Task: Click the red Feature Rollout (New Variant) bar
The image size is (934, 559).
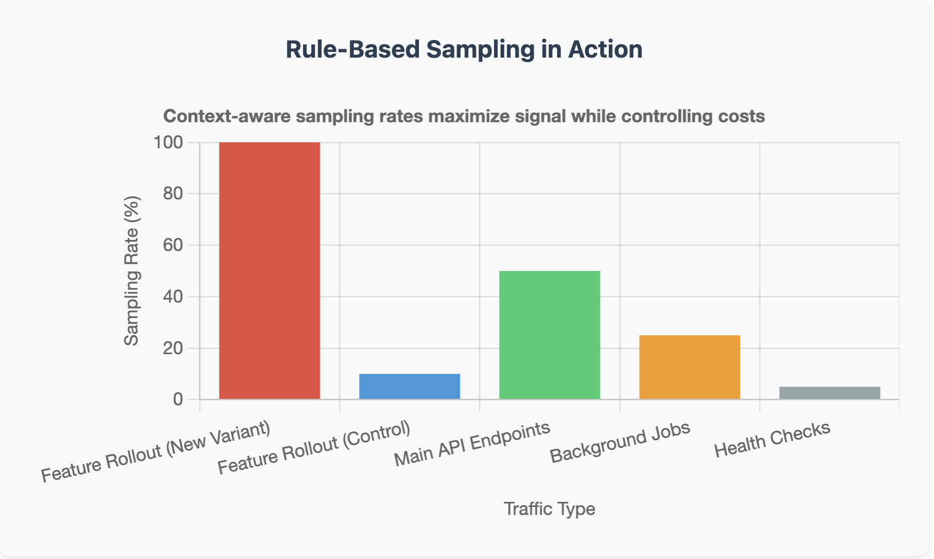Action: pyautogui.click(x=270, y=270)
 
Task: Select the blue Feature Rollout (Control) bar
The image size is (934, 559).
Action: pyautogui.click(x=409, y=386)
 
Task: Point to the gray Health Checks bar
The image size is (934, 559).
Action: pyautogui.click(x=829, y=393)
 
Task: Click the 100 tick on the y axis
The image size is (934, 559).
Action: pyautogui.click(x=168, y=142)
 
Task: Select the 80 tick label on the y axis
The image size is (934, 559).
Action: pyautogui.click(x=173, y=193)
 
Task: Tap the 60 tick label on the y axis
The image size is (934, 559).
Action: pyautogui.click(x=173, y=245)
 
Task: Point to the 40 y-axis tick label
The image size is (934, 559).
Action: pyautogui.click(x=173, y=297)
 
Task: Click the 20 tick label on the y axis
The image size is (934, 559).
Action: pyautogui.click(x=173, y=348)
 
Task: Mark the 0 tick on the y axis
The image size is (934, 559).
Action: pyautogui.click(x=178, y=399)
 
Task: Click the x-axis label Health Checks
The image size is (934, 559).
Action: pyautogui.click(x=772, y=439)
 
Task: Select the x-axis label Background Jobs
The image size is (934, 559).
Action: pyautogui.click(x=620, y=442)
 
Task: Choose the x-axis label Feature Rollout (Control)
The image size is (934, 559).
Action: pyautogui.click(x=314, y=448)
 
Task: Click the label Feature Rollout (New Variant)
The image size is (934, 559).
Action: pyautogui.click(x=156, y=452)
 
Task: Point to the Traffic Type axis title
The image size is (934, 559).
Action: pyautogui.click(x=549, y=509)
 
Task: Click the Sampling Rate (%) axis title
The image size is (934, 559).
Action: pyautogui.click(x=131, y=271)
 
